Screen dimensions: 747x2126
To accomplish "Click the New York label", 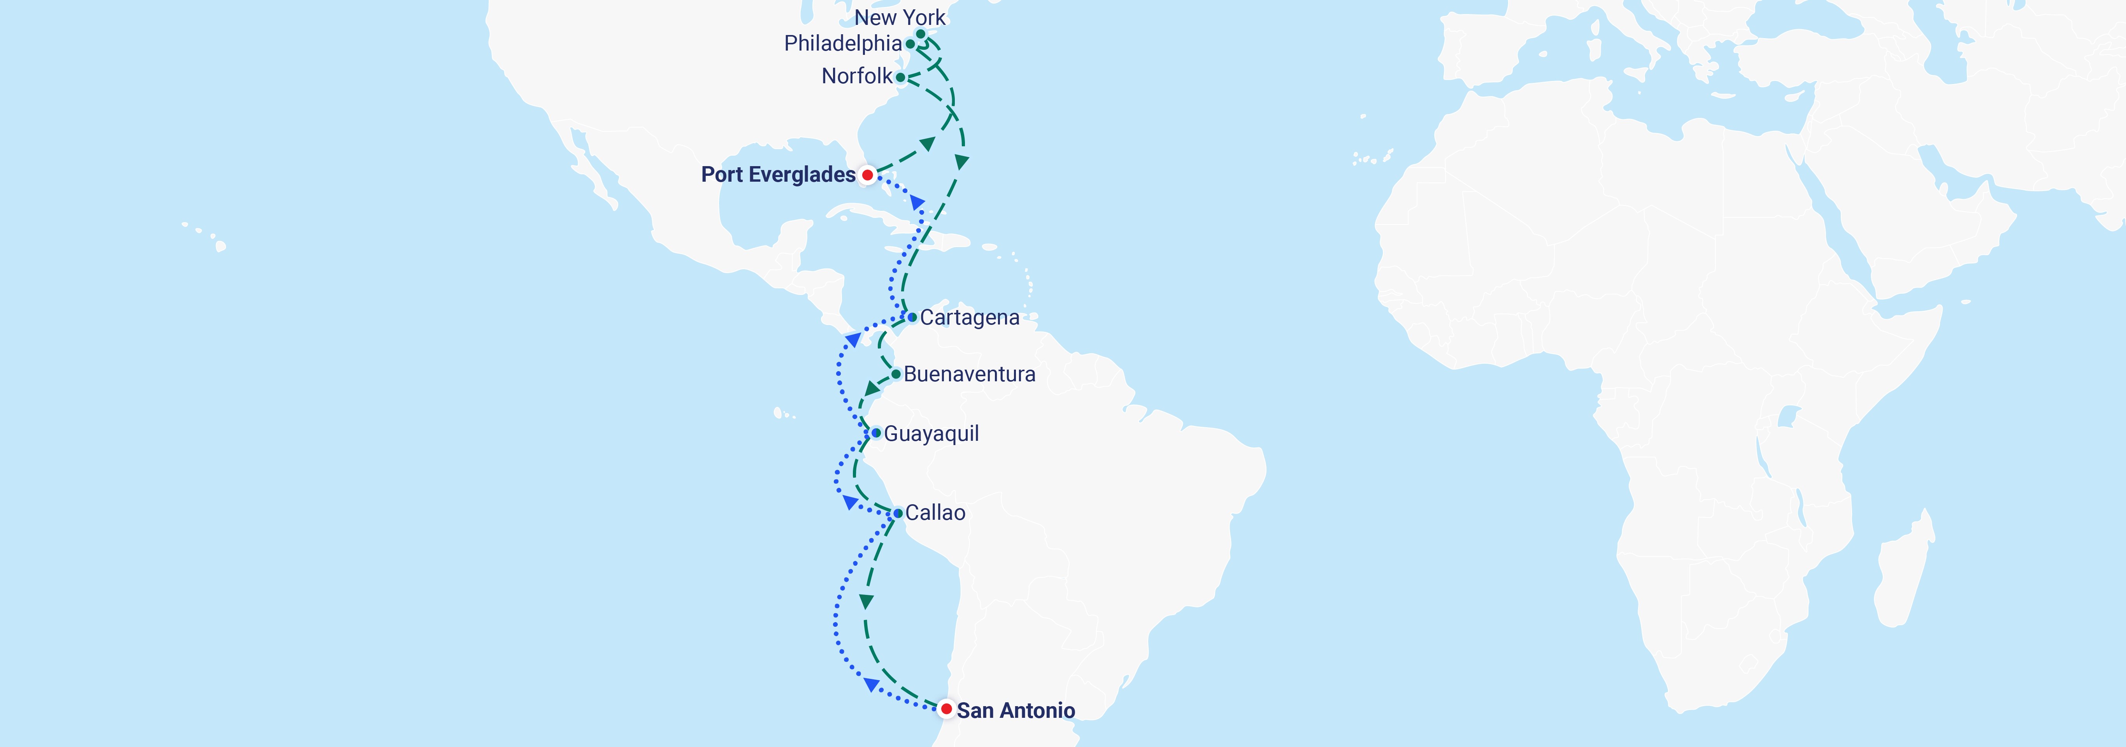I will coord(900,18).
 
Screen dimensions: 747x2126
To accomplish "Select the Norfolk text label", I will coord(857,76).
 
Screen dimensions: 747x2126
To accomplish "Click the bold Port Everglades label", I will coord(777,175).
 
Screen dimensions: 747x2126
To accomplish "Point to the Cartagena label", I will coord(970,318).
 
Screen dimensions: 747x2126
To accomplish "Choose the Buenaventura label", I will coord(969,375).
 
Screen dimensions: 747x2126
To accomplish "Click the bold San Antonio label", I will coord(1015,711).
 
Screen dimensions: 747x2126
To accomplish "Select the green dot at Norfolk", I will coord(900,77).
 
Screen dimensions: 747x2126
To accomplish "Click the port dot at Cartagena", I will coord(912,317).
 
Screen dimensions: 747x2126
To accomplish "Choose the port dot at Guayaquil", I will coord(877,433).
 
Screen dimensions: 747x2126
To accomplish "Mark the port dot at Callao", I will coord(898,514).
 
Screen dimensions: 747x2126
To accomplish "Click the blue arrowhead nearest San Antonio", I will coord(871,684).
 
